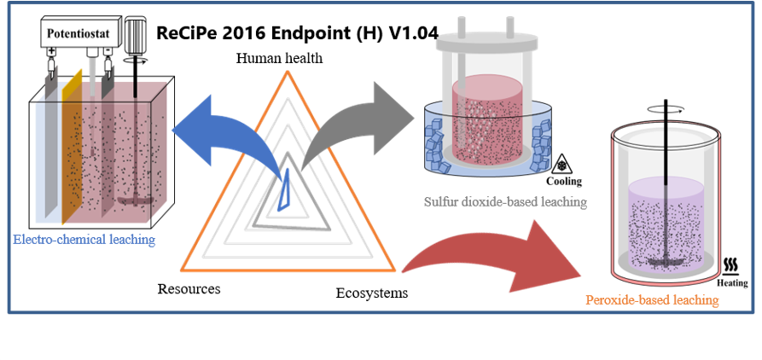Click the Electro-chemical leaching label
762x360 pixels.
84,240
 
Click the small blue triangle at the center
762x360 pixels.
284,191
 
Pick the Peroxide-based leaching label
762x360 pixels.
652,300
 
